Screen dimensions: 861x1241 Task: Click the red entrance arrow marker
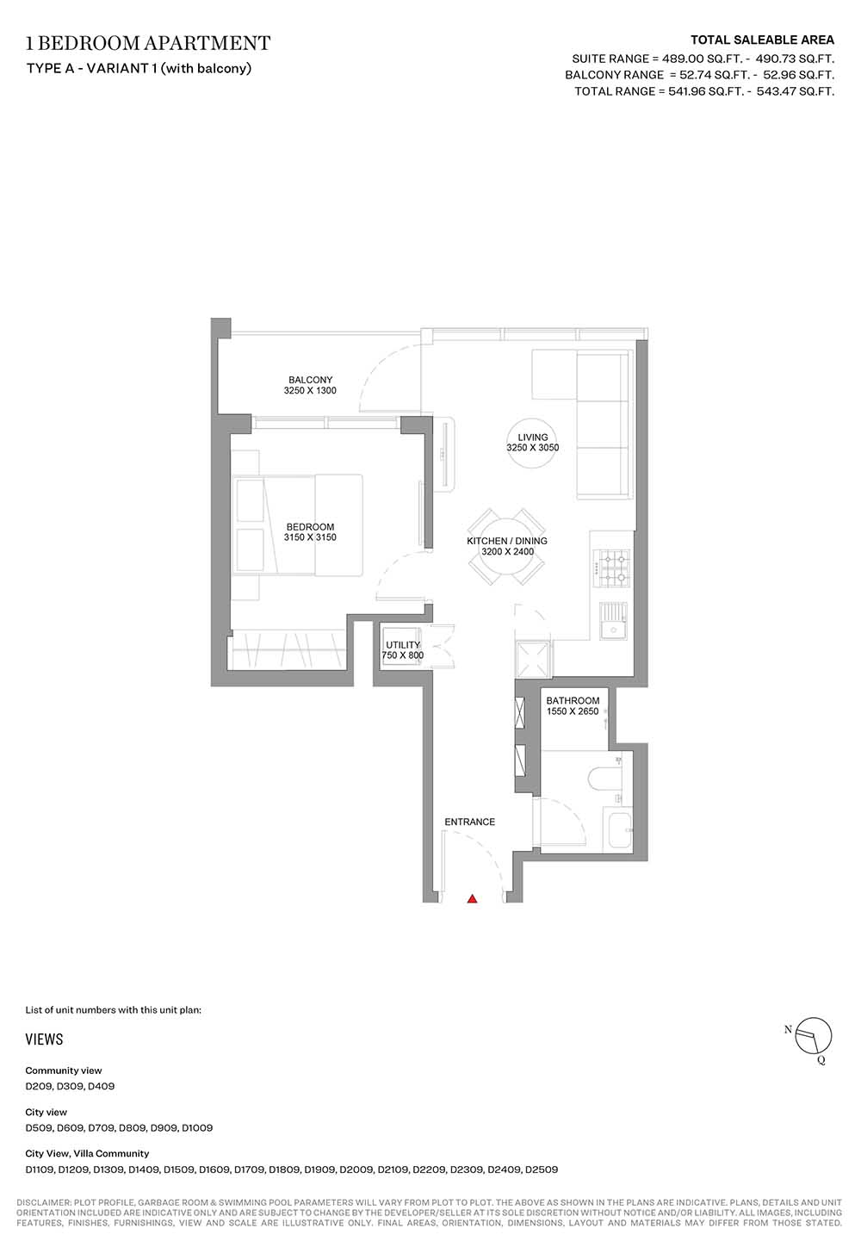tap(472, 898)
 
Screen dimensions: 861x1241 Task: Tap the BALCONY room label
tap(310, 380)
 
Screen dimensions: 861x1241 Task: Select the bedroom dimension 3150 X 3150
tap(310, 537)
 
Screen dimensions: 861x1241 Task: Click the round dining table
tap(506, 546)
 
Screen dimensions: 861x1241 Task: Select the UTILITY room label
tap(403, 645)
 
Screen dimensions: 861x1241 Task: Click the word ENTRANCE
tap(470, 822)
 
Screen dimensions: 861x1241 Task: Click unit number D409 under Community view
tap(102, 1087)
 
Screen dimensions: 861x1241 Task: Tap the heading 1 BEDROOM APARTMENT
tap(148, 43)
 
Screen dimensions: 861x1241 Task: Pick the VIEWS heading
tap(44, 1039)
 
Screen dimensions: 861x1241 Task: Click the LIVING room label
tap(533, 437)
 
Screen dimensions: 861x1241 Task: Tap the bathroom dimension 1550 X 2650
tap(573, 711)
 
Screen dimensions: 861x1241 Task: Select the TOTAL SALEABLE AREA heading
tap(762, 40)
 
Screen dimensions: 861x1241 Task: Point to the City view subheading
tap(46, 1112)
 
